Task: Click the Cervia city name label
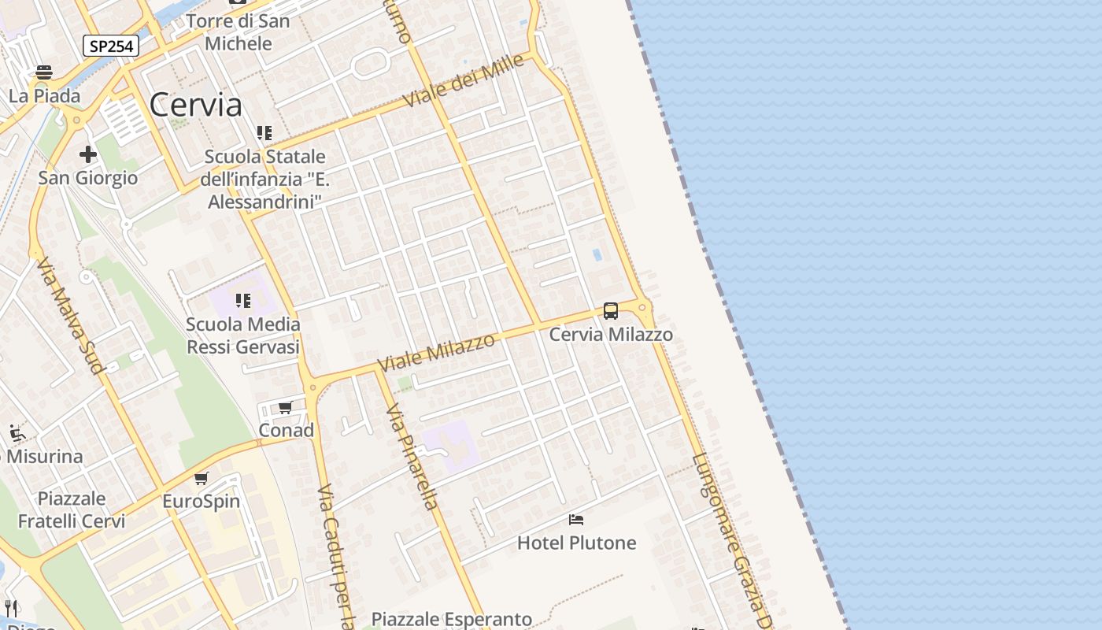pos(195,105)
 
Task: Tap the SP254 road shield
pos(111,46)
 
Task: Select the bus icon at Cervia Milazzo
pos(611,311)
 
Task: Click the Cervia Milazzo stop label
pos(611,335)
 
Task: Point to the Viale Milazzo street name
pos(437,353)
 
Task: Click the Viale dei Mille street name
pos(463,83)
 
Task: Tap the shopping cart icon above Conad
pos(285,407)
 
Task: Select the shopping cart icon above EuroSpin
pos(202,478)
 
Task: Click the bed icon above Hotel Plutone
pos(576,520)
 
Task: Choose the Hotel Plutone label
pos(576,543)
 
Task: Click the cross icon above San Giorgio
pos(87,154)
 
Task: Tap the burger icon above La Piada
pos(44,72)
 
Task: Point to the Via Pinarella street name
pos(411,457)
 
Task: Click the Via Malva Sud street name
pos(69,315)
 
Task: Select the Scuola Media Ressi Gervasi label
pos(243,335)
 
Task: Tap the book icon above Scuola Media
pos(243,301)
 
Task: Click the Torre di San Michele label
pos(238,32)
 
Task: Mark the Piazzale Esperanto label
pos(452,620)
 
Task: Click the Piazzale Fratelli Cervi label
pos(72,510)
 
